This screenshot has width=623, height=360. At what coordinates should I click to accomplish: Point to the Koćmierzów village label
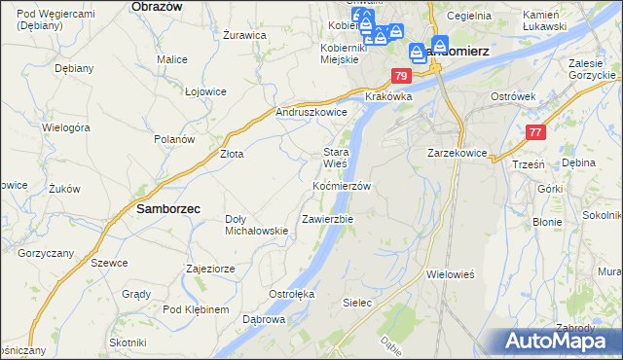click(342, 185)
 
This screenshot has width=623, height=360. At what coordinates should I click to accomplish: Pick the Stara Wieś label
click(336, 159)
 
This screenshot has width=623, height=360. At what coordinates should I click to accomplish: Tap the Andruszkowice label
click(311, 112)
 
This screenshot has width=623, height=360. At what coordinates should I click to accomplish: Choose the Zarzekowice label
click(458, 153)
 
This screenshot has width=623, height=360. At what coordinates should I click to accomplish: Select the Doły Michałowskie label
click(256, 225)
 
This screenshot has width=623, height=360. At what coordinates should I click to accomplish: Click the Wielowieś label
click(450, 274)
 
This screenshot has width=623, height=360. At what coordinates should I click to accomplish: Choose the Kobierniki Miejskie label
click(342, 54)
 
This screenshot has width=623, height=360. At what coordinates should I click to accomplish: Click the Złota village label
click(232, 154)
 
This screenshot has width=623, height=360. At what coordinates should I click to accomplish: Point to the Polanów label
click(175, 139)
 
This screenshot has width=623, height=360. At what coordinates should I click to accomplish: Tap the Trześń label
click(527, 165)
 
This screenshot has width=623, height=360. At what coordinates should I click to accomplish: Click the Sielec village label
click(357, 303)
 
